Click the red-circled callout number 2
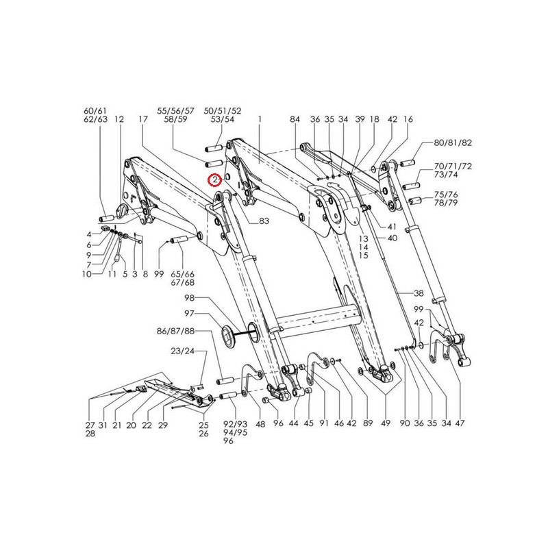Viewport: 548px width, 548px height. click(214, 180)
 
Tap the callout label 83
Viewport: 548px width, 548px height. click(264, 221)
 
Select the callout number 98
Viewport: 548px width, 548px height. click(190, 298)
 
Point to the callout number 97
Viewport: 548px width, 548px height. click(189, 314)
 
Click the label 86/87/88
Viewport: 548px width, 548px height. click(175, 331)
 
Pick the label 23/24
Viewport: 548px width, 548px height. click(182, 351)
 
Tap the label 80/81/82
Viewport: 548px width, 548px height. click(453, 142)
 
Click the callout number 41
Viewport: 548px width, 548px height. click(392, 227)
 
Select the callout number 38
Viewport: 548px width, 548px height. click(419, 293)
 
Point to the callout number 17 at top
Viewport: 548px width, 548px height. click(143, 119)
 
